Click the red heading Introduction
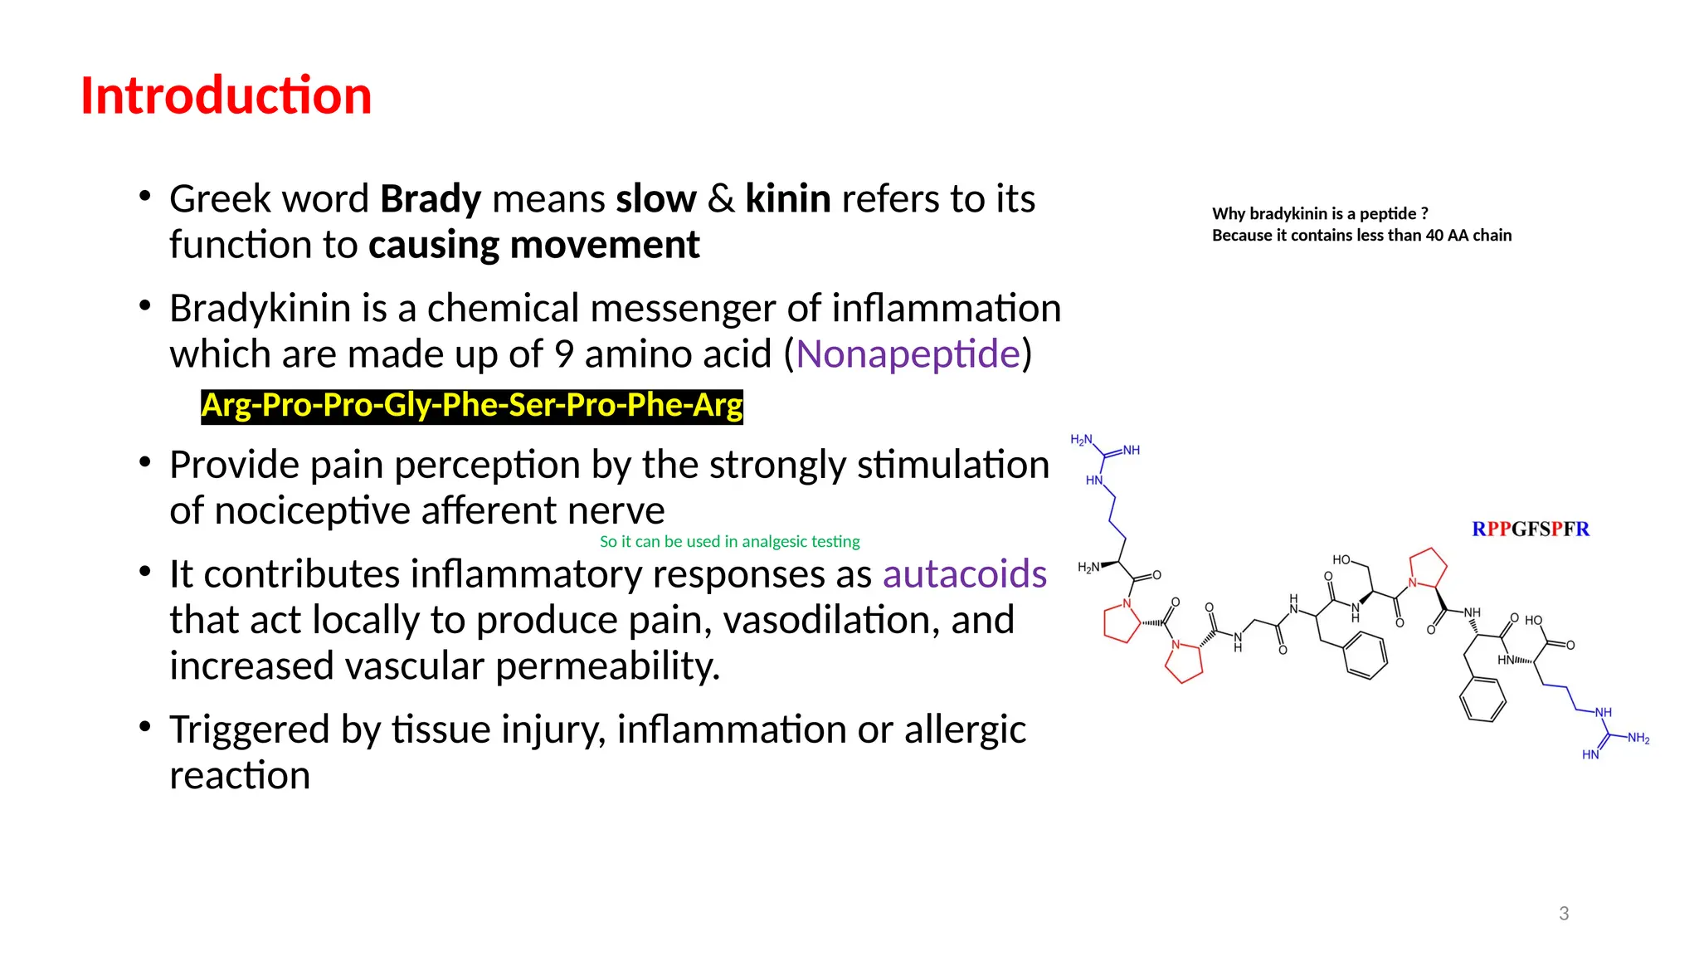[226, 95]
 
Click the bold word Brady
[430, 199]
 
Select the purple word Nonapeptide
[908, 354]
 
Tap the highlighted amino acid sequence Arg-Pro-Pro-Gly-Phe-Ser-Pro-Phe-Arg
[471, 406]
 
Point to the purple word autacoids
[964, 574]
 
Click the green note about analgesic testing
[729, 542]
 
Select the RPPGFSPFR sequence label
[1530, 529]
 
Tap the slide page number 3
[1563, 914]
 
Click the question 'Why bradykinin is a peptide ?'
[1319, 214]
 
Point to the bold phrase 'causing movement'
[533, 246]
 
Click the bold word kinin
[787, 199]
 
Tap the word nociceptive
[313, 511]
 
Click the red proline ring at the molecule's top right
[1428, 568]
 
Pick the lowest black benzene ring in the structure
[1482, 700]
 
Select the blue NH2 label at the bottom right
[1638, 739]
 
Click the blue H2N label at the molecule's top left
[1081, 440]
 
